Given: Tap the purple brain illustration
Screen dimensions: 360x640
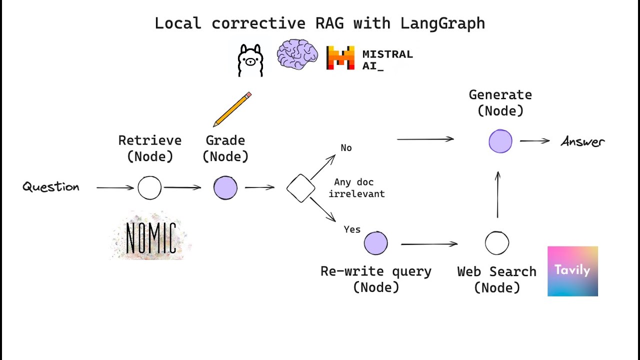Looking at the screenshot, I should (297, 54).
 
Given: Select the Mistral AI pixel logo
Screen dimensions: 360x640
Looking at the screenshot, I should (340, 57).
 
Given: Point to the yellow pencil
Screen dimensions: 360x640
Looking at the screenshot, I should (232, 109).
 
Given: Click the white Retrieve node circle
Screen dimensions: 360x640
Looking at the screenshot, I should (149, 188).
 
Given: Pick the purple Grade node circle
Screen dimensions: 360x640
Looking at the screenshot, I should (225, 188).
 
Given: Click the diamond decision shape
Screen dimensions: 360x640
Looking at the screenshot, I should (301, 188).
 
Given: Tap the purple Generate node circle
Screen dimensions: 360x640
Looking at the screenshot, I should (500, 141).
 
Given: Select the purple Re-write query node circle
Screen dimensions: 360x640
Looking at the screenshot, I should (375, 243).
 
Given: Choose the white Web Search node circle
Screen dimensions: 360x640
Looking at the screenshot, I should (497, 243).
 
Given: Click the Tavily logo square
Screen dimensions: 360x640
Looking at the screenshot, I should (572, 271).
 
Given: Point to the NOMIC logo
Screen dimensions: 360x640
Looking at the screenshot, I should (150, 237).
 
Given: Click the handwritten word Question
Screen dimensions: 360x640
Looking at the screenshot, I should (51, 187).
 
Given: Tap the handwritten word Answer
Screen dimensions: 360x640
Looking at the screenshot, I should (583, 142).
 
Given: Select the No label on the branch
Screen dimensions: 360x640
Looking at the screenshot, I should (346, 148).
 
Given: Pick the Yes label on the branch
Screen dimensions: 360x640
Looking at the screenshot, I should (352, 229).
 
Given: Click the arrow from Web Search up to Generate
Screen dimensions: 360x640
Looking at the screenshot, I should (497, 195).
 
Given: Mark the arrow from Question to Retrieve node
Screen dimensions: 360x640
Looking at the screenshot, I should (115, 188).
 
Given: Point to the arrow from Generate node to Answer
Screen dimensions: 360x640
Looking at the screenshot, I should (534, 141).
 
